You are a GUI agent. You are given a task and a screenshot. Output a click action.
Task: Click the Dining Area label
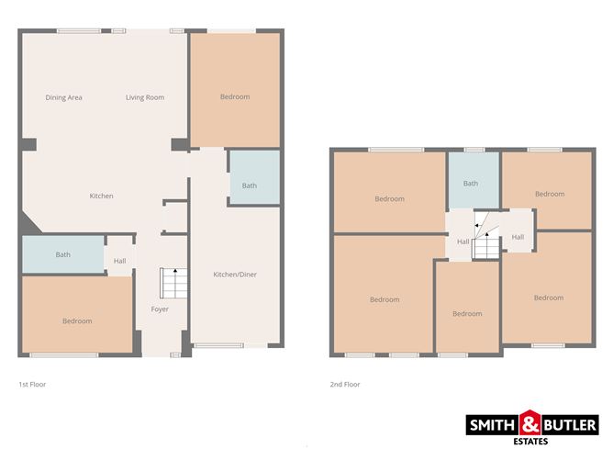(x=64, y=97)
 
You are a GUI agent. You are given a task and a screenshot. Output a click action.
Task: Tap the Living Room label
(x=145, y=97)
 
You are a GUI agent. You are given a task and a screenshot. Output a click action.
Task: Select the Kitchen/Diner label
(x=233, y=275)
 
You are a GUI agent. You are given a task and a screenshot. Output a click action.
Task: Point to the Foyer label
(x=160, y=309)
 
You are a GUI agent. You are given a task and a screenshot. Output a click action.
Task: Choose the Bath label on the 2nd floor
(x=470, y=184)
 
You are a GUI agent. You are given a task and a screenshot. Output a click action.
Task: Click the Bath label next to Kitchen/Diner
(x=250, y=185)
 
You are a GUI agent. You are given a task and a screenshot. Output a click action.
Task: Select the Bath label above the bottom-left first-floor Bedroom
(x=63, y=254)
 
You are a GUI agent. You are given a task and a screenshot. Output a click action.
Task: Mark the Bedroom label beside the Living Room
(x=234, y=96)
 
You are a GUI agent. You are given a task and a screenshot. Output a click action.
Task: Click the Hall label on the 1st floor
(x=119, y=261)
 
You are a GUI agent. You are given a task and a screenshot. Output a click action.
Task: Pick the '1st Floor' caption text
(x=32, y=384)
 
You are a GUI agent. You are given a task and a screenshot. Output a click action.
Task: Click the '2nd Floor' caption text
(x=344, y=384)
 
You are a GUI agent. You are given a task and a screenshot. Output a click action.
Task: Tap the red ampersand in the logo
(x=530, y=425)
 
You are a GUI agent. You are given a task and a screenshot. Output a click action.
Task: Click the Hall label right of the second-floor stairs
(x=518, y=237)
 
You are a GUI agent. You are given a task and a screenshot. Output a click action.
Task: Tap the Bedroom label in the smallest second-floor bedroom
(x=467, y=313)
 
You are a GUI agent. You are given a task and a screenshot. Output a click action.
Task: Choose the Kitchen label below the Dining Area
(x=101, y=196)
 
